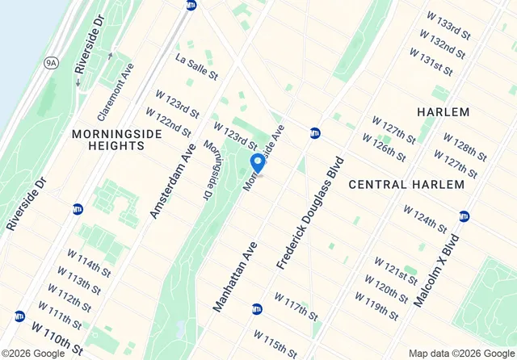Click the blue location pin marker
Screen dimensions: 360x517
pyautogui.click(x=258, y=163)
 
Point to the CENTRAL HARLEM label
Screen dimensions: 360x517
pyautogui.click(x=406, y=184)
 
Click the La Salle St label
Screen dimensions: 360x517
pyautogui.click(x=197, y=65)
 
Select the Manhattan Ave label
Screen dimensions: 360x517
pyautogui.click(x=234, y=276)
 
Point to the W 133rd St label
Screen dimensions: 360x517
pyautogui.click(x=444, y=25)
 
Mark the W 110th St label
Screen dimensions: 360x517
pyautogui.click(x=57, y=339)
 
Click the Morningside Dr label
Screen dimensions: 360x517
pyautogui.click(x=211, y=165)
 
